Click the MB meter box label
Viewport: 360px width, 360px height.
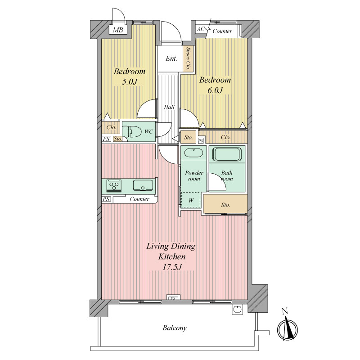118,30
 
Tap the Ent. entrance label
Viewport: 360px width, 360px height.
171,58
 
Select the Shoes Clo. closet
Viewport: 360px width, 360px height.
188,58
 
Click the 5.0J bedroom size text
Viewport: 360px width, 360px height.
130,82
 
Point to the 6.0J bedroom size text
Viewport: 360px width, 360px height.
215,90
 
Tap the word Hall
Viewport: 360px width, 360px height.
169,107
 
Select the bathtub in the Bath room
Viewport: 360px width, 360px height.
227,154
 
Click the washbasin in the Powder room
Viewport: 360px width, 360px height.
194,153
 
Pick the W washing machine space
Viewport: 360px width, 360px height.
191,200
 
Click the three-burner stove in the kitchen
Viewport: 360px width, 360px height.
114,185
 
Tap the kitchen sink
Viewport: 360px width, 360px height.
143,185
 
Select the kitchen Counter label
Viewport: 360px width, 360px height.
139,199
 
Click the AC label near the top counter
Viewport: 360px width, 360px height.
200,29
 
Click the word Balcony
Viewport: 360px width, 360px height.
175,328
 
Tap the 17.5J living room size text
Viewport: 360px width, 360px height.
172,267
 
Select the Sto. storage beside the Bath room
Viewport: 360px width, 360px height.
225,205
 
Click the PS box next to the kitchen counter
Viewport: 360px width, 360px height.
106,199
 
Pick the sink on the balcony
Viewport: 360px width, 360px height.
237,309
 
